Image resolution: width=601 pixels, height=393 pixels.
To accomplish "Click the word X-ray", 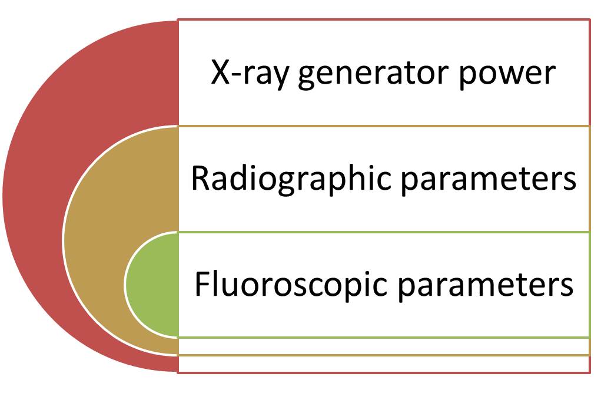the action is pyautogui.click(x=249, y=74).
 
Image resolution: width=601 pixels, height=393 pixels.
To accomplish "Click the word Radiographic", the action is pyautogui.click(x=291, y=179).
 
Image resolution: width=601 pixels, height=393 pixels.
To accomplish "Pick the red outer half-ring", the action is pyautogui.click(x=32, y=196).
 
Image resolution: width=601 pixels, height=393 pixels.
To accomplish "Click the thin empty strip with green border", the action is pyautogui.click(x=384, y=346).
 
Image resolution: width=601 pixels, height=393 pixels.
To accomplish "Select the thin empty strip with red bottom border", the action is pyautogui.click(x=384, y=364).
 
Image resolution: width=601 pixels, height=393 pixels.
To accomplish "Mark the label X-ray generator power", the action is pyautogui.click(x=383, y=75).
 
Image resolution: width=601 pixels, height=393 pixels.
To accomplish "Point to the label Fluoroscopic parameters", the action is pyautogui.click(x=384, y=285).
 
